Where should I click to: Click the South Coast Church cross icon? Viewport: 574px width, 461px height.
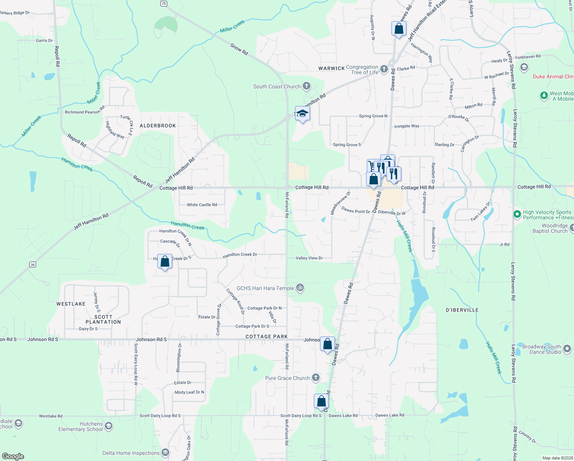pos(306,86)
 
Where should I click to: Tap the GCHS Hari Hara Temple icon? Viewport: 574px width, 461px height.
pos(300,288)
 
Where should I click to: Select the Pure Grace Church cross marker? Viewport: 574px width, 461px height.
pos(315,378)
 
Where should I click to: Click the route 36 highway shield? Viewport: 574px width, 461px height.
pos(33,264)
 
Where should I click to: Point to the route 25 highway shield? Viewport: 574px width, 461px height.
pos(163,3)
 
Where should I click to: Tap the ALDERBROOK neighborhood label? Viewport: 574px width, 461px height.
pos(158,126)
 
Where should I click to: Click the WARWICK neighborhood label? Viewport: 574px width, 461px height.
pos(332,68)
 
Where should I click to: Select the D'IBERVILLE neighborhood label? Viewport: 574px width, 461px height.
pos(462,310)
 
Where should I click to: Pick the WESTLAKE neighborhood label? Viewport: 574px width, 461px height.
pos(71,304)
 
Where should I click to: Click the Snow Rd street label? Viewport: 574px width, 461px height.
pos(239,49)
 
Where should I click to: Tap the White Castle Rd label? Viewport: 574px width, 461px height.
pos(202,205)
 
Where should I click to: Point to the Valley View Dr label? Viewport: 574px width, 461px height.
pos(309,258)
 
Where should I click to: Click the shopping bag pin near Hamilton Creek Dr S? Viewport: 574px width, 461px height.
pos(165,262)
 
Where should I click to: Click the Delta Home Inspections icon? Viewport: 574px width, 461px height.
pos(165,453)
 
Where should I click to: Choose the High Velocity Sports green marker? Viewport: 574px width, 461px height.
pos(517,214)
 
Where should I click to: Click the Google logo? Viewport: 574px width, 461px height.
pos(13,456)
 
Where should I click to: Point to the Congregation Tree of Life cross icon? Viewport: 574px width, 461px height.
pos(384,70)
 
